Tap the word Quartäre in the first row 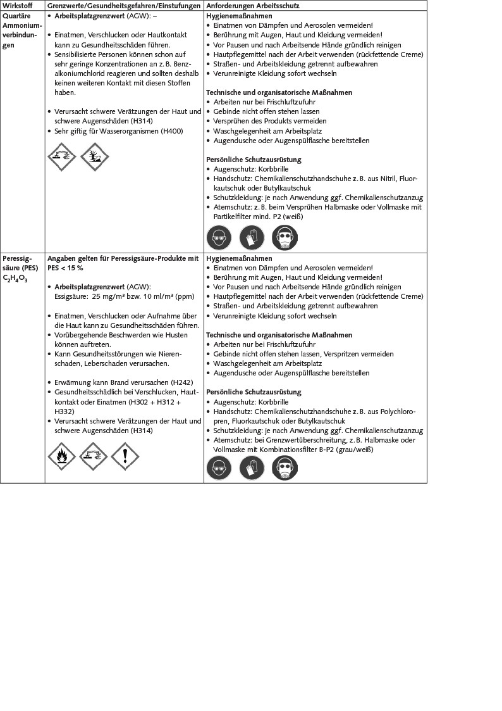15,15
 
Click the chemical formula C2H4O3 15,278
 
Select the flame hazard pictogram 61,456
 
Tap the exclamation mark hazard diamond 125,456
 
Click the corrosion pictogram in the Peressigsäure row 94,456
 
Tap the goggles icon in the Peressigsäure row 219,469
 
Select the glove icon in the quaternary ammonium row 252,238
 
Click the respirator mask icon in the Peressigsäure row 285,469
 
